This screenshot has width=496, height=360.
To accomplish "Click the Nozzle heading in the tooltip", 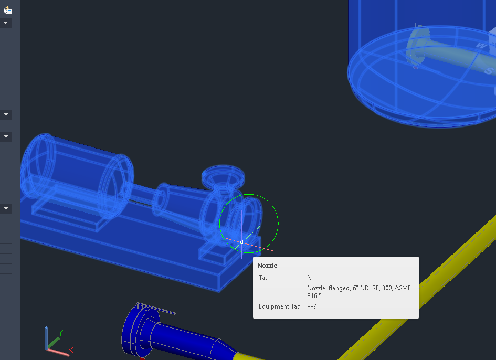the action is (267, 266).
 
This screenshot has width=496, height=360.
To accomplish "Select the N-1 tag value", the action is (312, 278).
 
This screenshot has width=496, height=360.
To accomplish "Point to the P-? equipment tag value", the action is (312, 306).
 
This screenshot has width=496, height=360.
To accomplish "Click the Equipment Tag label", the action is (279, 306).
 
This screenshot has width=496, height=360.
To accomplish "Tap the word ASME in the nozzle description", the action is (403, 288).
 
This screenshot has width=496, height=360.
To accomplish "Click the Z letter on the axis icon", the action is (48, 322).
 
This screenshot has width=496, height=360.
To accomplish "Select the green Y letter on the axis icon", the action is (60, 333).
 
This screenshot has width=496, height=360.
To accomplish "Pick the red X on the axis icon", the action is (70, 350).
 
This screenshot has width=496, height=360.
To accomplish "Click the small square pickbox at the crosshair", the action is (241, 242).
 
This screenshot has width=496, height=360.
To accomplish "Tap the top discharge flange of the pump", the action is (223, 176).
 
